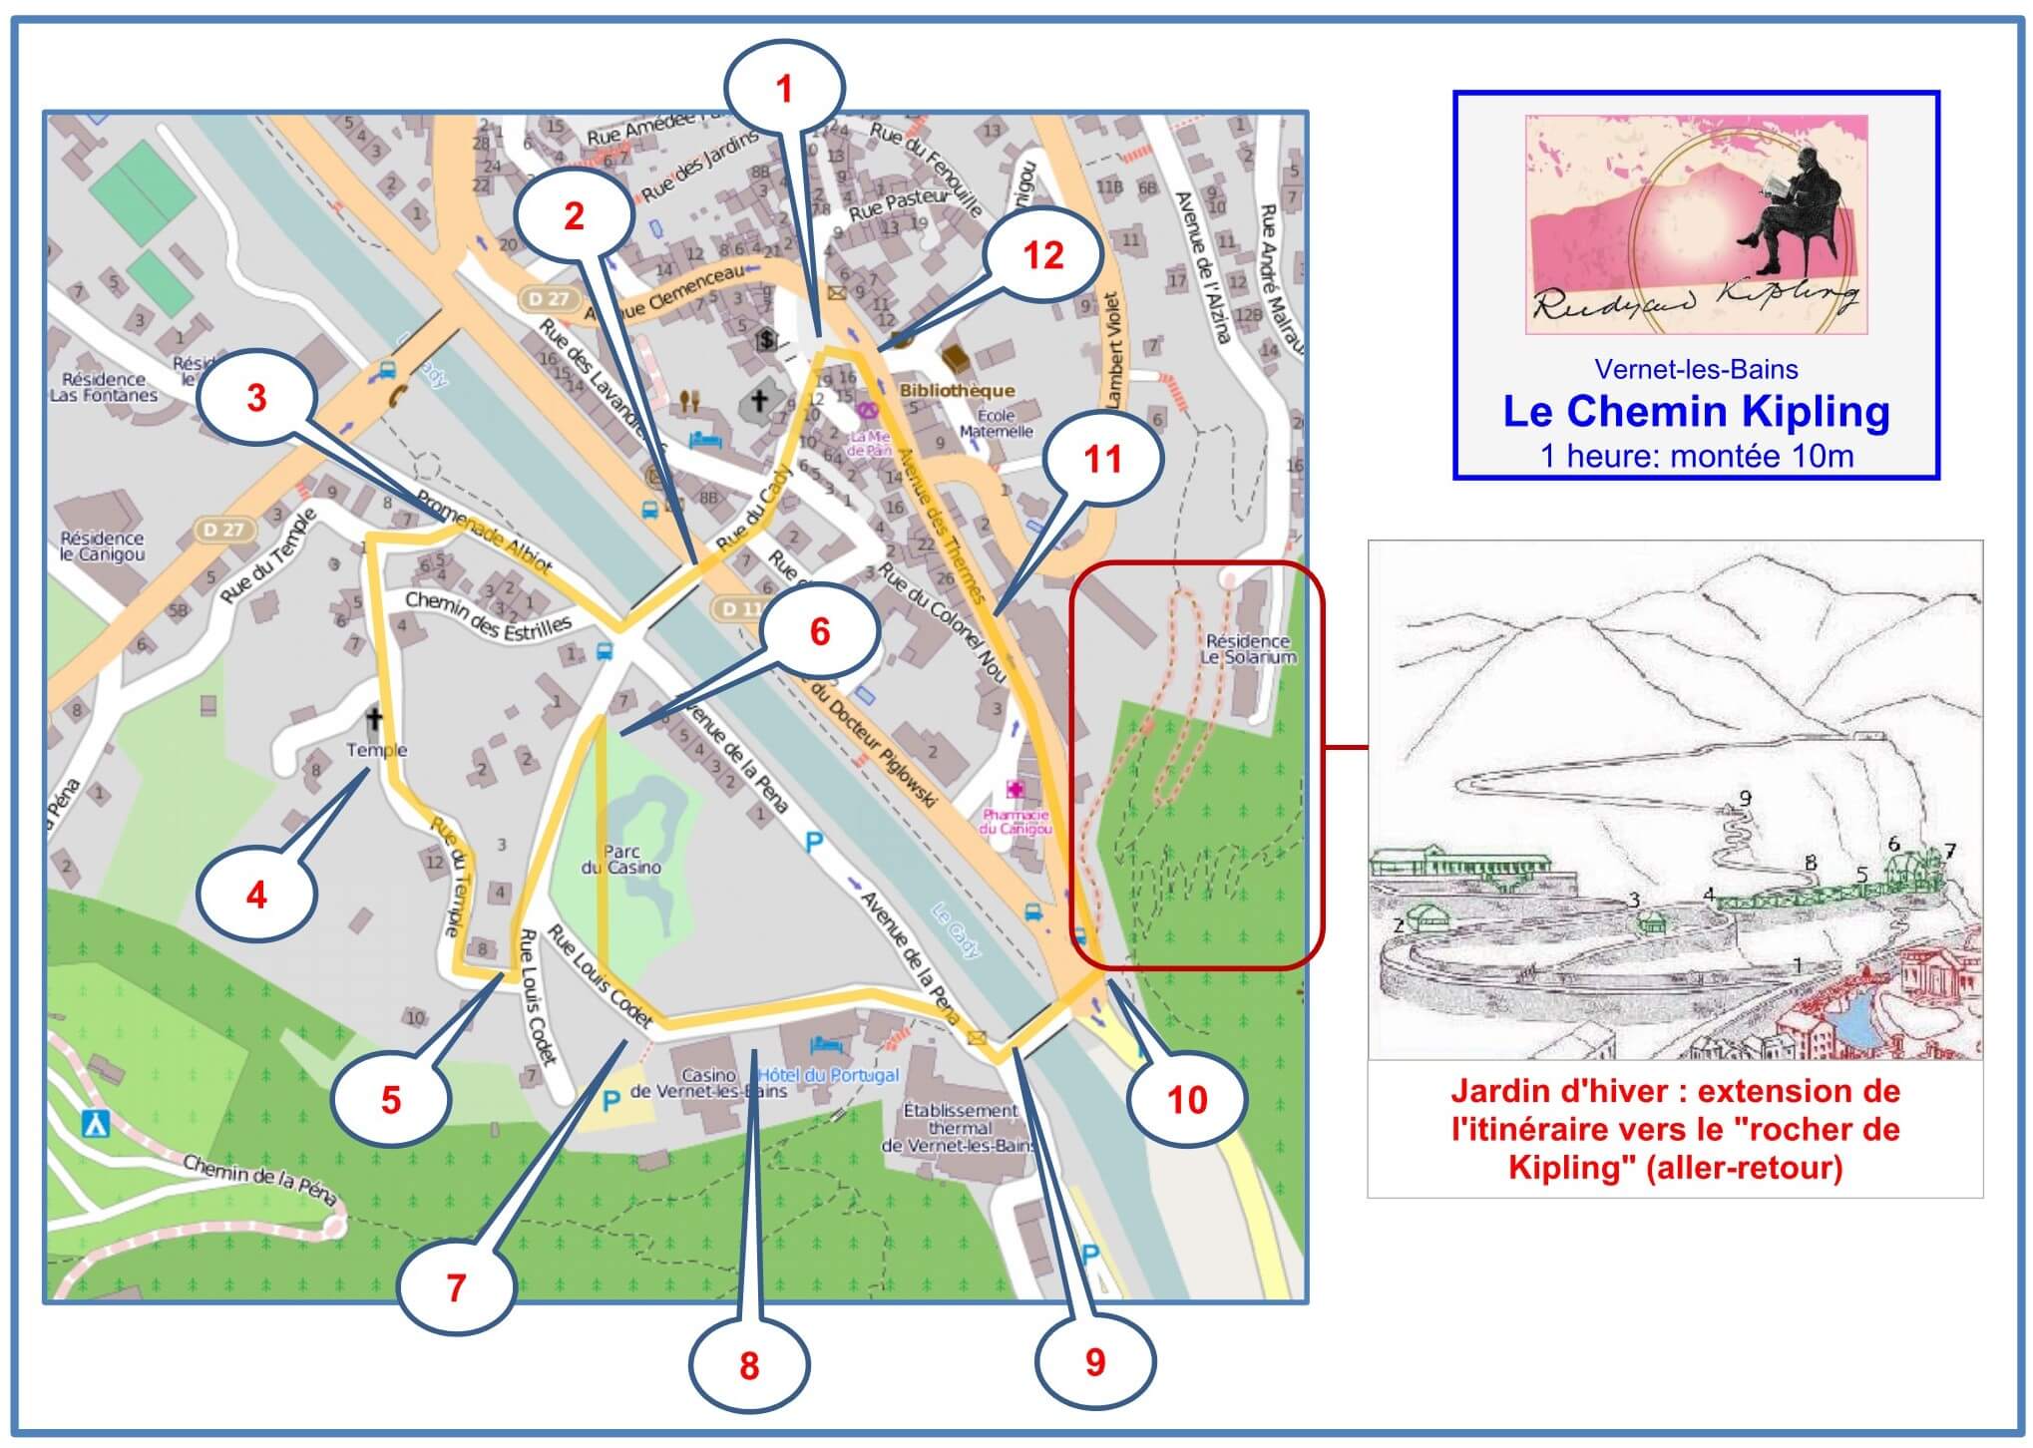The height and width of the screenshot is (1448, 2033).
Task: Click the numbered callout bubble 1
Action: coord(784,91)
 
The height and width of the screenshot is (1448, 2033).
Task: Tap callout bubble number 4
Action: coord(256,894)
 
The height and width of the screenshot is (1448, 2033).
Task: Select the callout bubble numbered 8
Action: coord(749,1365)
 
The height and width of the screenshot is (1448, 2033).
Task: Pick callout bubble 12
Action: coord(1042,256)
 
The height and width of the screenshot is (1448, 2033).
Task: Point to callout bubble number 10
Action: coord(1187,1099)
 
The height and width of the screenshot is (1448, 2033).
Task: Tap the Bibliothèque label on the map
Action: coord(956,391)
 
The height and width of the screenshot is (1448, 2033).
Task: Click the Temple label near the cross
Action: coord(376,750)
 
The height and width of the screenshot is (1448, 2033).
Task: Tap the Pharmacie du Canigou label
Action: coord(1016,821)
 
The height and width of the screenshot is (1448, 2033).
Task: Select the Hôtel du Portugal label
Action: coord(828,1075)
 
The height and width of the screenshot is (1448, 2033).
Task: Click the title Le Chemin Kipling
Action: coord(1695,412)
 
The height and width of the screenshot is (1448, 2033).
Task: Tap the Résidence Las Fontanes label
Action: coord(104,387)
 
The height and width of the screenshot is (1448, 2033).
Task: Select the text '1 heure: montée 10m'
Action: coord(1696,456)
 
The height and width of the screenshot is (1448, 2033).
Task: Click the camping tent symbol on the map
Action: coord(95,1124)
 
